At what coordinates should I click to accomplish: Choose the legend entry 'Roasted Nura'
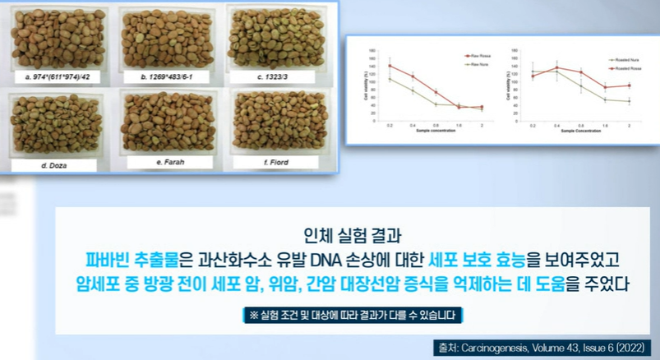point(622,60)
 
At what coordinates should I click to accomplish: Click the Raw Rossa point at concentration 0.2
point(390,66)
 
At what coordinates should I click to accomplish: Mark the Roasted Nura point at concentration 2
point(629,101)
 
